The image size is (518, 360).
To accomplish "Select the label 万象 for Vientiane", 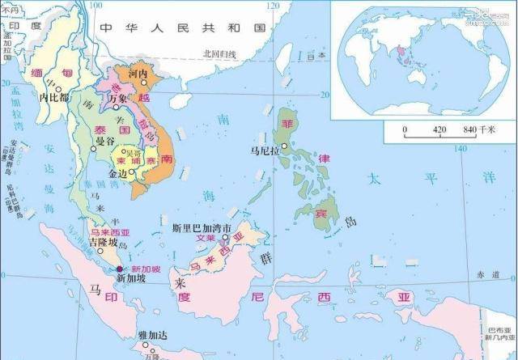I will pyautogui.click(x=118, y=99).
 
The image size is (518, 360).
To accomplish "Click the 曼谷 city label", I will pyautogui.click(x=105, y=142).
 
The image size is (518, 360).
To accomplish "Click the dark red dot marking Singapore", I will pyautogui.click(x=120, y=268).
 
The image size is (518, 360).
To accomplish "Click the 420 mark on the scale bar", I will pyautogui.click(x=439, y=129).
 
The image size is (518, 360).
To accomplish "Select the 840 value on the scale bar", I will pyautogui.click(x=469, y=129).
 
